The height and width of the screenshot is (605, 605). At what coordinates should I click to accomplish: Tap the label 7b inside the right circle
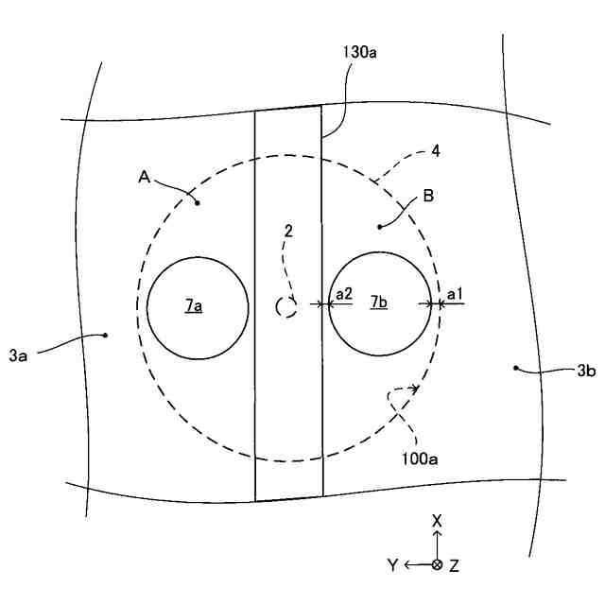[x=377, y=302]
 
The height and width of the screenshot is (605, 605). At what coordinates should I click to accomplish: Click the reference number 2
[x=289, y=231]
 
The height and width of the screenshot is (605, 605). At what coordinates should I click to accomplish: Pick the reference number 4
[x=434, y=149]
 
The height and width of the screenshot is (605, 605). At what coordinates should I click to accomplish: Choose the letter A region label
[x=144, y=177]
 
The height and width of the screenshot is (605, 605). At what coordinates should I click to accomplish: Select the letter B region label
[x=428, y=197]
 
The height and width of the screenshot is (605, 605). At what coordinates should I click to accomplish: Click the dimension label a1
[x=455, y=295]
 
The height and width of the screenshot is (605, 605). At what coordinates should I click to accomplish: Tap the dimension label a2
[x=344, y=295]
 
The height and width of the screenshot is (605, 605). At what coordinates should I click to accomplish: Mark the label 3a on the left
[x=19, y=355]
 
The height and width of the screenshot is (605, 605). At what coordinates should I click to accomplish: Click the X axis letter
[x=437, y=521]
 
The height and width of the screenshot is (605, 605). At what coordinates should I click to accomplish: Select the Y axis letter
[x=392, y=565]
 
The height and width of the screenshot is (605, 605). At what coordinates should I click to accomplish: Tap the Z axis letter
[x=455, y=565]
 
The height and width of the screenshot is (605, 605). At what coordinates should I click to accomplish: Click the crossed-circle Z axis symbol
[x=437, y=565]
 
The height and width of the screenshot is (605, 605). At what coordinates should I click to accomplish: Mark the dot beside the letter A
[x=197, y=201]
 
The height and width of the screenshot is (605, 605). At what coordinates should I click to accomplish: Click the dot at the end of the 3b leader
[x=515, y=367]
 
